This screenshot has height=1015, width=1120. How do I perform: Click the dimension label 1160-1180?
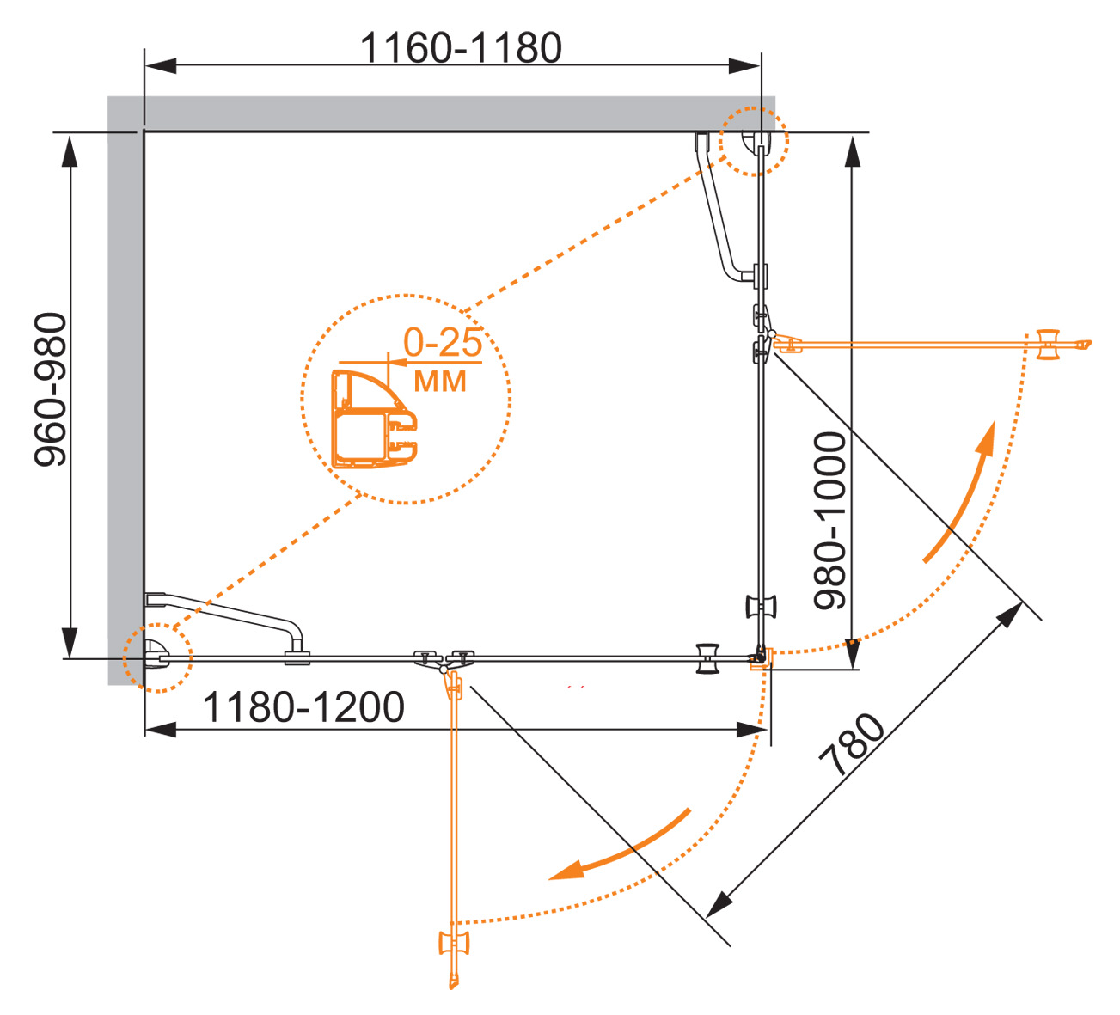click(461, 47)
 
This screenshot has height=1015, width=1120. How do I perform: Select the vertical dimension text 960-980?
click(50, 389)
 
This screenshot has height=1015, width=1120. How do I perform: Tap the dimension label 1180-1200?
click(303, 707)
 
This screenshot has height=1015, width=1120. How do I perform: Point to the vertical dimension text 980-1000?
click(831, 521)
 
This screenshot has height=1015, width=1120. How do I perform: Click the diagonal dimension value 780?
click(852, 745)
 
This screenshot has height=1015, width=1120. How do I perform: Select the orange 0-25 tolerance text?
click(443, 343)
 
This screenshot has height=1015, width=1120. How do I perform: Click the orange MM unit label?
click(440, 381)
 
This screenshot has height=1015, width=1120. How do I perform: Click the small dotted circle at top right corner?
click(753, 141)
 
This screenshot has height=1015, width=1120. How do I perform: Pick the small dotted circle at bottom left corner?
click(156, 657)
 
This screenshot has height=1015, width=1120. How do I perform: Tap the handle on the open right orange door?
click(1048, 344)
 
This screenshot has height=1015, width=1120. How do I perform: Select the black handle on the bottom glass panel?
click(707, 657)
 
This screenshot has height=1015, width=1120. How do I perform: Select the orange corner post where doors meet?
click(762, 659)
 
